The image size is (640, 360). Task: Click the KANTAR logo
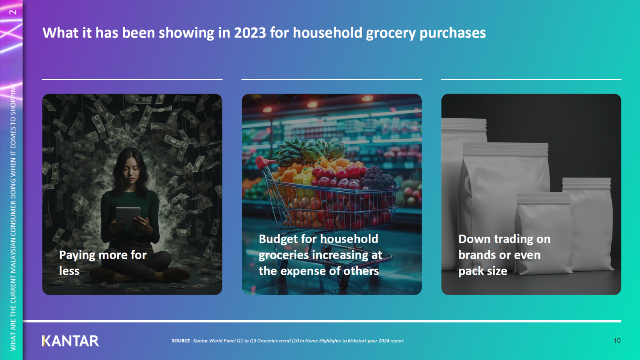tap(70, 341)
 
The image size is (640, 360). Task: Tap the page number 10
tap(617, 340)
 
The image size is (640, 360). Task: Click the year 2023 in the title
tap(250, 32)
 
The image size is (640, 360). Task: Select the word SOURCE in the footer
tap(180, 340)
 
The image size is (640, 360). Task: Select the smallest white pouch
tap(543, 233)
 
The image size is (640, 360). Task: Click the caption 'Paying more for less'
tap(102, 263)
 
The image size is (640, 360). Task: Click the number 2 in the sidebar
tap(13, 12)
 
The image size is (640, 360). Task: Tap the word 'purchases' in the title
tap(452, 33)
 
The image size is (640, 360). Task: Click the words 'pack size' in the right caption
tap(482, 271)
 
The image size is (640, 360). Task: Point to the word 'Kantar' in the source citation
tap(200, 340)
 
